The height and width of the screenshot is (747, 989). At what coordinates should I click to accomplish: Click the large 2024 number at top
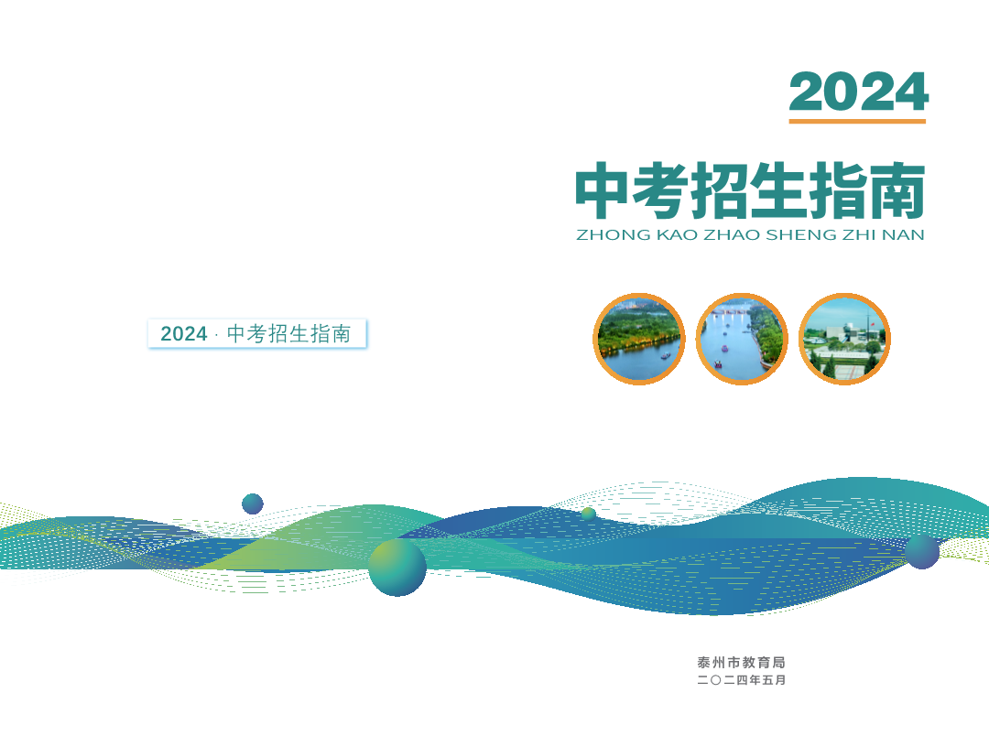point(858,92)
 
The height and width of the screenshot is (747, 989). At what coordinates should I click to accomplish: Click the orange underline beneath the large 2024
point(857,121)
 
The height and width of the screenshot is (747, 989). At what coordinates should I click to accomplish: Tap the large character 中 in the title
point(602,190)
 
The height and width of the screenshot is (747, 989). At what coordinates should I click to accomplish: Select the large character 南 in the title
point(897,190)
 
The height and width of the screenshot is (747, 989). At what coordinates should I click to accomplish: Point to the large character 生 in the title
point(779,190)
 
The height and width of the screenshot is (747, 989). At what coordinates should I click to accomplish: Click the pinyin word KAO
point(677,235)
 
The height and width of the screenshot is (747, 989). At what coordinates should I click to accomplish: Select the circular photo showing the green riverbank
point(639,339)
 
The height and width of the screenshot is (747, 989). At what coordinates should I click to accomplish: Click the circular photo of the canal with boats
point(742,339)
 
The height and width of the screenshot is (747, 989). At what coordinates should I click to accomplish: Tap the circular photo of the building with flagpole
point(844,339)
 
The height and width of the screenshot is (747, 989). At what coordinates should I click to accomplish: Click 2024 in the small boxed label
point(183,333)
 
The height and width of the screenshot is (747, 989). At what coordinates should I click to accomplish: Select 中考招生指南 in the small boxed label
point(288,333)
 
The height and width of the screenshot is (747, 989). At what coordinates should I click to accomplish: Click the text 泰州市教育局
point(741,663)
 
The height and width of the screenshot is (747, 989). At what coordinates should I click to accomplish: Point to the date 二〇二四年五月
point(741,680)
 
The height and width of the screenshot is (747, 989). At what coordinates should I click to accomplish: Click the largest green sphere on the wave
point(397,568)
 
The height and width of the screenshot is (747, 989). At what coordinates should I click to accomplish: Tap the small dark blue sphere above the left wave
point(253,503)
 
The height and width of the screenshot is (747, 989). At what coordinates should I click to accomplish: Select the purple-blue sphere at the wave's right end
point(922,552)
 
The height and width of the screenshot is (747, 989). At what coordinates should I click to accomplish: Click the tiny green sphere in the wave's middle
point(589,514)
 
